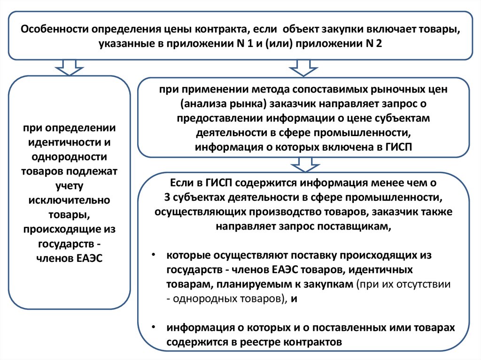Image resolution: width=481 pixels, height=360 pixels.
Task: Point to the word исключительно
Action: click(x=70, y=200)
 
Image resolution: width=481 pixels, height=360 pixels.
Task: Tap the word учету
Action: click(x=70, y=186)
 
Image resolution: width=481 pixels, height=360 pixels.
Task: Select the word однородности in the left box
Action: click(x=70, y=157)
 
